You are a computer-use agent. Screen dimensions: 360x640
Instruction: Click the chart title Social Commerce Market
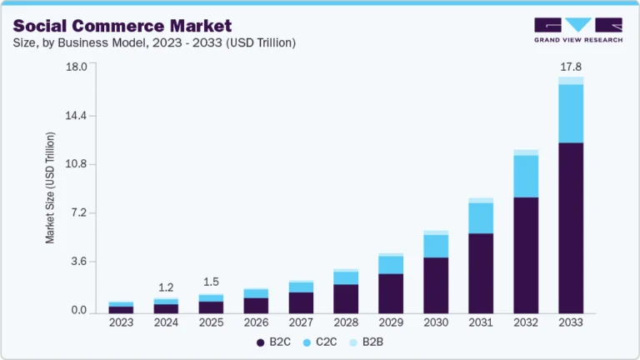point(122,25)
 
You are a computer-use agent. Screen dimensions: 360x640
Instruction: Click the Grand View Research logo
point(577,30)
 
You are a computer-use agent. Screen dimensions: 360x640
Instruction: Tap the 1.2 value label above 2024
point(166,287)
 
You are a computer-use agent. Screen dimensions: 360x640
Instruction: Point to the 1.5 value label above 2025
point(211,282)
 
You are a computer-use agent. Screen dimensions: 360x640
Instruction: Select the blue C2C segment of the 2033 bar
point(570,113)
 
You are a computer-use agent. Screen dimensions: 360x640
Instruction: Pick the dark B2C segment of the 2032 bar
point(525,254)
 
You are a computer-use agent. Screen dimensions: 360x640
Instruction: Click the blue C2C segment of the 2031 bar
point(481,217)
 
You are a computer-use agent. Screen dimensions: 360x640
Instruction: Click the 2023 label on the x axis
point(121,322)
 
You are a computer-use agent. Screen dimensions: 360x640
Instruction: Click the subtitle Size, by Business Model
point(154,42)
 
